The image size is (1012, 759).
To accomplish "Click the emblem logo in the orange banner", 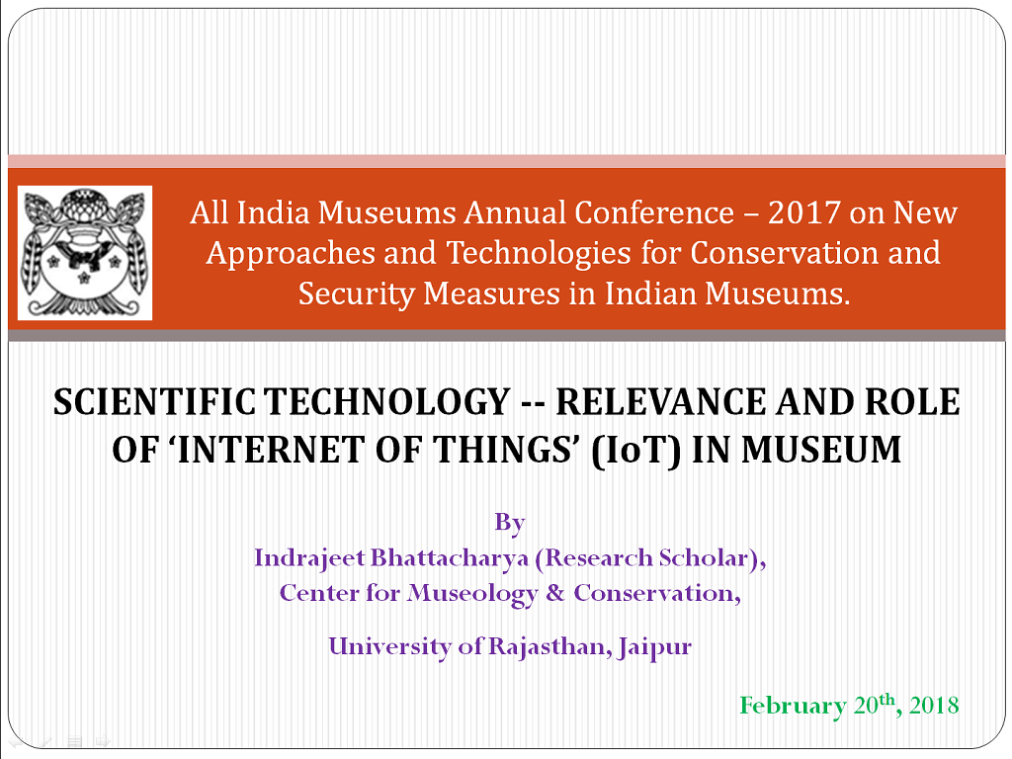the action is click(x=85, y=252).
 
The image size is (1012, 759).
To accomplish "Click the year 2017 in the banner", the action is click(x=804, y=213).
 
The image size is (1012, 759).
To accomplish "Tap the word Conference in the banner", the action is click(x=654, y=213).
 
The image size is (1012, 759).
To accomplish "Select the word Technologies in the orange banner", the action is click(x=539, y=254).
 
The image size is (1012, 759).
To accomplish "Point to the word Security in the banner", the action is click(x=356, y=295).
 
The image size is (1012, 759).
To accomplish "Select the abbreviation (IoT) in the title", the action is click(x=635, y=451).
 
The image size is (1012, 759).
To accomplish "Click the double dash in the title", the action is click(x=535, y=404).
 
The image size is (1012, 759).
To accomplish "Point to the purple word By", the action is click(x=510, y=522).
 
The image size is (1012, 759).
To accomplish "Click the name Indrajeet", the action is click(x=309, y=558).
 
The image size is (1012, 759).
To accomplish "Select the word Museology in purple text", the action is click(x=471, y=594).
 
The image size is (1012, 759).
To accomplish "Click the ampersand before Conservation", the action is click(x=555, y=593).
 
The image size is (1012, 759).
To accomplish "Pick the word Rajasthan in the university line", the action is click(x=546, y=646).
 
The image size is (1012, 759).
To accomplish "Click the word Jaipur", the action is click(x=654, y=647).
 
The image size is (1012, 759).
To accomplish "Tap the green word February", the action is click(x=793, y=706).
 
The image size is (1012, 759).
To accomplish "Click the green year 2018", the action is click(x=934, y=705).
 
